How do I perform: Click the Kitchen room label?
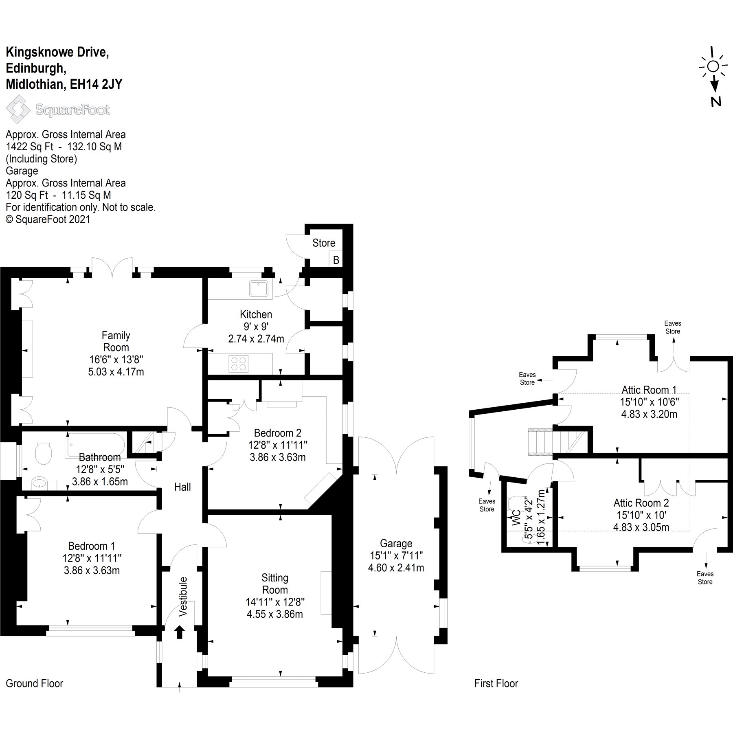256,314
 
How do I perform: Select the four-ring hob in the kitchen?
239,364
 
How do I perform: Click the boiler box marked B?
336,260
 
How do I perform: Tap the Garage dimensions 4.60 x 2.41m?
396,568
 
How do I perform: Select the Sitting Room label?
275,584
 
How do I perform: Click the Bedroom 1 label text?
92,546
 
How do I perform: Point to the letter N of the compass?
716,102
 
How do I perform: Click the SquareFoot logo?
58,110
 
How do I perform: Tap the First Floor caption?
496,683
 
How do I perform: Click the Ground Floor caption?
35,683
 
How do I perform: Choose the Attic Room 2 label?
641,503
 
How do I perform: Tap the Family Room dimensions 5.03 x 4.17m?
116,372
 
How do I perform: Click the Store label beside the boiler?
324,243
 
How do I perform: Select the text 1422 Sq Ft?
29,147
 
